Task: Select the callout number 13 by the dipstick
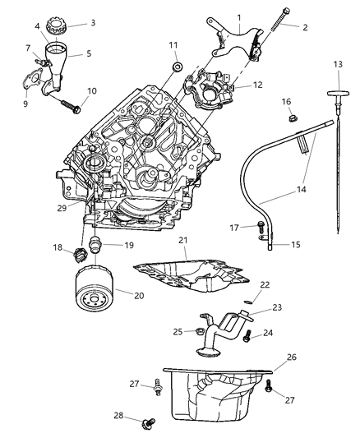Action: [338, 64]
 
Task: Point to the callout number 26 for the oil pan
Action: [292, 357]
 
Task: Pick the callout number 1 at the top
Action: [238, 16]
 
